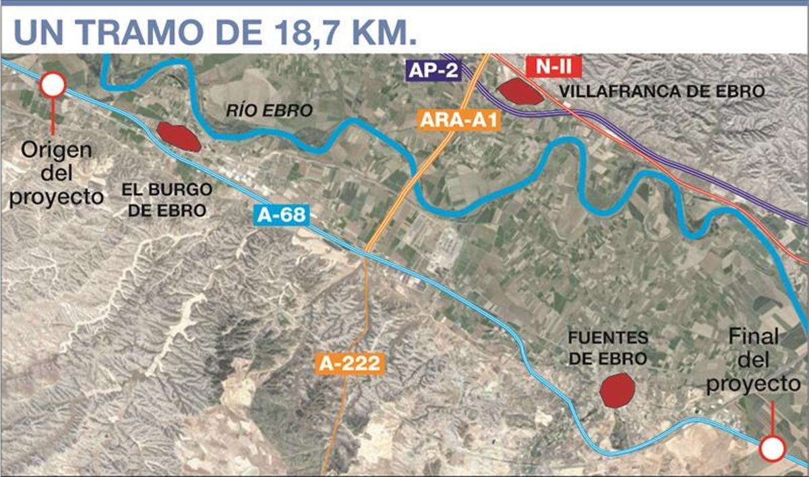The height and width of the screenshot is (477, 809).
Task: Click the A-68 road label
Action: tap(282, 216)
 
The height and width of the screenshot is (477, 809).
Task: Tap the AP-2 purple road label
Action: tap(433, 71)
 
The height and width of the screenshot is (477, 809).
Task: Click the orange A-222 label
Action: tap(350, 364)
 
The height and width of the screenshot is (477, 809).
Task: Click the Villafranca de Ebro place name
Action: tap(663, 92)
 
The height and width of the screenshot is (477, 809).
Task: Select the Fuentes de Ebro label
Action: tap(607, 347)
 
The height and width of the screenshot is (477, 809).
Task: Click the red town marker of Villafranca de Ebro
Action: tap(520, 91)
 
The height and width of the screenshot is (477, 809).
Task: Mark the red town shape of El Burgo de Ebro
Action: tap(179, 136)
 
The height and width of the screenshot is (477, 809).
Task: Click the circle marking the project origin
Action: tap(53, 85)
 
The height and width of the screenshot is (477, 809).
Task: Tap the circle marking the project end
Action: tap(773, 448)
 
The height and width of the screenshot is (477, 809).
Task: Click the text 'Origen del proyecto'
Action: tap(57, 173)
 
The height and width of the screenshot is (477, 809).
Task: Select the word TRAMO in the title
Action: tap(133, 32)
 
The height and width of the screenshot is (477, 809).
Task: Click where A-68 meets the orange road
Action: tap(365, 254)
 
